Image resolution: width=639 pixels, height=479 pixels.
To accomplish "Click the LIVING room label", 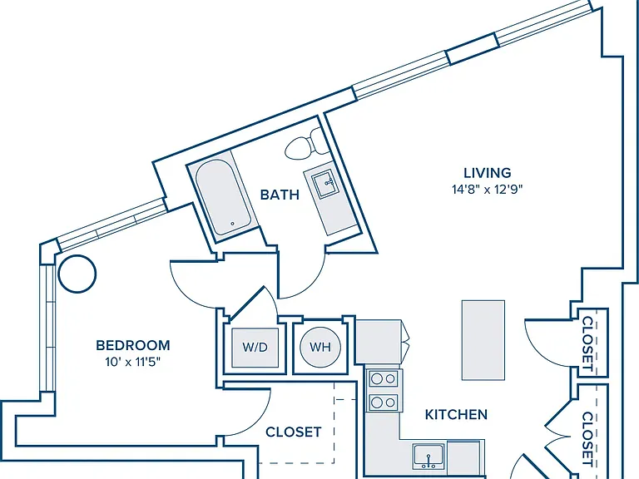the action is click(488, 173).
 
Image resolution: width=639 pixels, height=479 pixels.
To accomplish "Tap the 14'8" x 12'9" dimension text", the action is click(488, 190).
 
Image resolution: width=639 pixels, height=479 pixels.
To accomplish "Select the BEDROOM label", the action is click(133, 345).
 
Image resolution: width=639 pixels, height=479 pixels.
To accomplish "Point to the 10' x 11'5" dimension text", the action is click(133, 362).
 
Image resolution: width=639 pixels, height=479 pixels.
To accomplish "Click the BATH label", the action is click(280, 195).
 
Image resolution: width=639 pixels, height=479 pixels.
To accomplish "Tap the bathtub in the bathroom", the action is click(222, 198).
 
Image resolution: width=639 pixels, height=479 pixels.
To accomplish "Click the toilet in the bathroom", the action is click(304, 144).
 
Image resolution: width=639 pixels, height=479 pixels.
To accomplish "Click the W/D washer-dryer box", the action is click(255, 347).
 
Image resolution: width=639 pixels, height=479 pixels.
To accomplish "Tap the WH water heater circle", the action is click(320, 347).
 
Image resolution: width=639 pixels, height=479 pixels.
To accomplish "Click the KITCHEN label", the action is click(456, 415).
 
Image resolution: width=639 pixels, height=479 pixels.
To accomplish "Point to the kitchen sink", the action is click(428, 457).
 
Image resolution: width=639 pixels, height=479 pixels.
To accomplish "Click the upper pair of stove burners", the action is click(384, 379).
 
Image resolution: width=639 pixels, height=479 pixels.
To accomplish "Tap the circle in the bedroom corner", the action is click(77, 274).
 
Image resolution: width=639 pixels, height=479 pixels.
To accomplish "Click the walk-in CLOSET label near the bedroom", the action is click(294, 432).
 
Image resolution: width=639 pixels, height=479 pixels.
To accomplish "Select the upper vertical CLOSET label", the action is click(587, 343).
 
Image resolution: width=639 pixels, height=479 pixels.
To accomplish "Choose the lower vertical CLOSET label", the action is click(587, 439).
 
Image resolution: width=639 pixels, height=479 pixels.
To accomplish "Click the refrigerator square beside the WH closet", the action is click(378, 341).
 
